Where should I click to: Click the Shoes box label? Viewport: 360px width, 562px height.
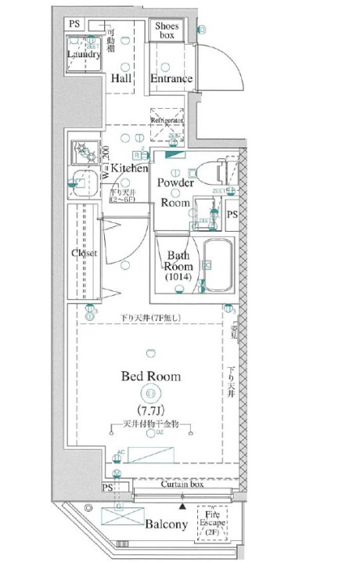[x=165, y=31]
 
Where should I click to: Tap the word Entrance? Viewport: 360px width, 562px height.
[x=171, y=79]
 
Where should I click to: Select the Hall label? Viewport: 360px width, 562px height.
[x=121, y=79]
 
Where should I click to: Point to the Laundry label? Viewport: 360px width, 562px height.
[x=82, y=55]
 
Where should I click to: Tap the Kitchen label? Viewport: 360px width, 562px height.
[x=128, y=168]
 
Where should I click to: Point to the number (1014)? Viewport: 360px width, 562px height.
[x=176, y=279]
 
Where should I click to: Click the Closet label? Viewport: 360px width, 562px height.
[x=83, y=254]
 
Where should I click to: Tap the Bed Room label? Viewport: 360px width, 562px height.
[x=150, y=376]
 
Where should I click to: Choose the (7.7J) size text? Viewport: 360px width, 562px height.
[x=150, y=410]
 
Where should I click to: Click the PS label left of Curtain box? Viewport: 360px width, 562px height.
[x=107, y=488]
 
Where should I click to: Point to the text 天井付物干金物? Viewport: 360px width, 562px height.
[x=151, y=423]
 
